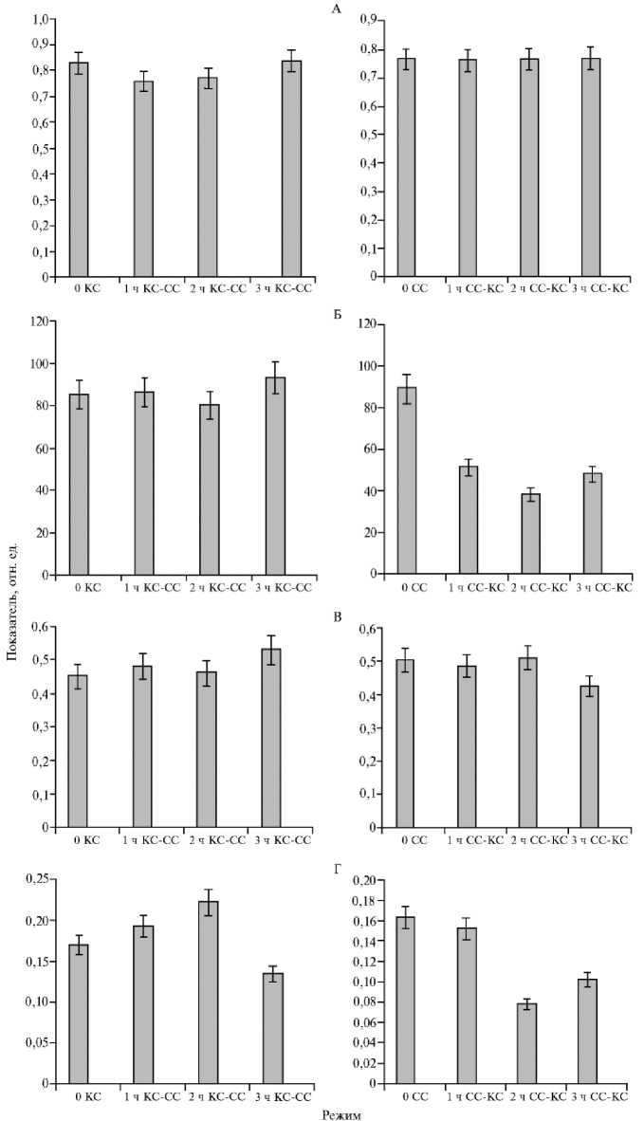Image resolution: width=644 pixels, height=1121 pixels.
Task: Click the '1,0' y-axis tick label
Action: coord(36,19)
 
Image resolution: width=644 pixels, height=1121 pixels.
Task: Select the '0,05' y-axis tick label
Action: coord(34,1043)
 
